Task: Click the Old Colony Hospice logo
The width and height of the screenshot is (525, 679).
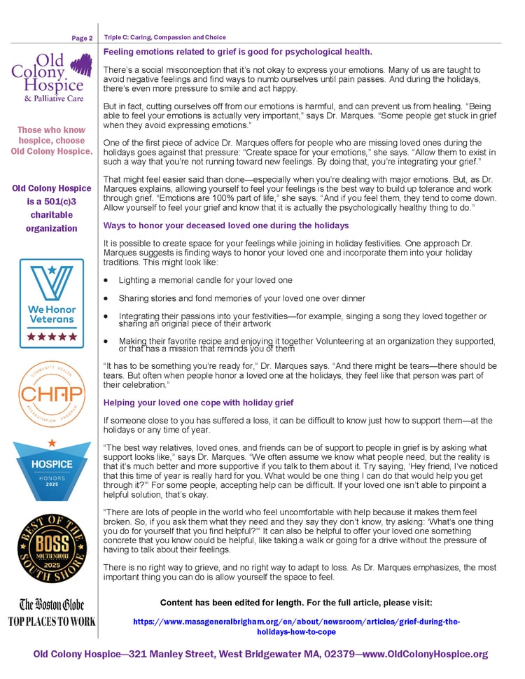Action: click(51, 78)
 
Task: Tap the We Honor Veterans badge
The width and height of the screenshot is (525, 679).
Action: click(51, 303)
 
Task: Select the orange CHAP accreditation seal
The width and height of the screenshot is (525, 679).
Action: click(51, 394)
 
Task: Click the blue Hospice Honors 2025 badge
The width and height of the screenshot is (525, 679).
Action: click(51, 471)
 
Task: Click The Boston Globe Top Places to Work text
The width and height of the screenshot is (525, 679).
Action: click(51, 612)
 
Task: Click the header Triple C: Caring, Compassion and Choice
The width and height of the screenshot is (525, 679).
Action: click(165, 37)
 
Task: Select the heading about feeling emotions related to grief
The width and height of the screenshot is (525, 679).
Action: click(237, 52)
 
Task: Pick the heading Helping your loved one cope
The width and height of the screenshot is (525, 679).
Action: click(198, 402)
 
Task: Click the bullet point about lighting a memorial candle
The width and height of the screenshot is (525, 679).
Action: click(205, 280)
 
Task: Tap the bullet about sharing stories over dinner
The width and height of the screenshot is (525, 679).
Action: click(241, 298)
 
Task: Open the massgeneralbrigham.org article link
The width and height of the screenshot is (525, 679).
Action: click(296, 626)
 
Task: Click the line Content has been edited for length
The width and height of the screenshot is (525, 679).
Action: click(296, 603)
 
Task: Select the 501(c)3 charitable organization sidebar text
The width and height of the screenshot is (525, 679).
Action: click(51, 208)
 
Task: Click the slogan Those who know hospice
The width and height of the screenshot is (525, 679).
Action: click(51, 140)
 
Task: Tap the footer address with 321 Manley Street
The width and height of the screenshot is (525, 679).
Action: click(260, 654)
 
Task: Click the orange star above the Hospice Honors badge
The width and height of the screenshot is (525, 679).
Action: click(52, 443)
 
